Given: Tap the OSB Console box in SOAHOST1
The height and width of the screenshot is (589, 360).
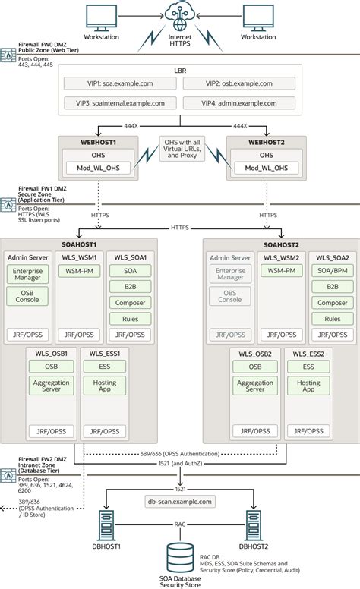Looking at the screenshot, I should pos(27,295).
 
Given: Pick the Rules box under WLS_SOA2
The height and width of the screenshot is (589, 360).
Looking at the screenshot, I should pos(333,319).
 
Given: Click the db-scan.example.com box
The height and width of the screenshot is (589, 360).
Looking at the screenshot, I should pos(180,501).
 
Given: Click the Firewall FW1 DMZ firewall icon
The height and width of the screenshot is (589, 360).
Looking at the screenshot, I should pos(10,203).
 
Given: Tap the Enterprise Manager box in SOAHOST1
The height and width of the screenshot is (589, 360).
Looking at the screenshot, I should pos(27,272).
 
